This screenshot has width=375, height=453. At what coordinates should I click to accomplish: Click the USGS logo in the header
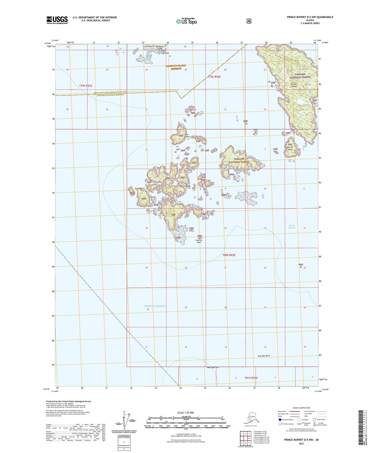[x=57, y=20]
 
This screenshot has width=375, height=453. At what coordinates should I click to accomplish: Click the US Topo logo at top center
[x=186, y=21]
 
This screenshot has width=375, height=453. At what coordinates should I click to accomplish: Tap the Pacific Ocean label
[x=154, y=306]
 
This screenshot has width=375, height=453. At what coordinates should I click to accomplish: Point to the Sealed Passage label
[x=292, y=227]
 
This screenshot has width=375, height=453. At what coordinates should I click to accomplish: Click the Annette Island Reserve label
[x=176, y=67]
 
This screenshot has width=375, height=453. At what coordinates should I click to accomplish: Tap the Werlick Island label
[x=290, y=148]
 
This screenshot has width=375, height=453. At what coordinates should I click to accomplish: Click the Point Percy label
[x=139, y=188]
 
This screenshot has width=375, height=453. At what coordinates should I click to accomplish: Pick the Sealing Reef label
[x=199, y=241]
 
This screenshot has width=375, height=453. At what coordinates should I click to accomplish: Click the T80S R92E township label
[x=229, y=255]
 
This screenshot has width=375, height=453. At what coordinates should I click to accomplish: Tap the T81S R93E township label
[x=251, y=378]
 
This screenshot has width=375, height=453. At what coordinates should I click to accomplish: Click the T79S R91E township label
[x=86, y=86]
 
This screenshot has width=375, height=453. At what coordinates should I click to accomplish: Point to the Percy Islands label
[x=185, y=186]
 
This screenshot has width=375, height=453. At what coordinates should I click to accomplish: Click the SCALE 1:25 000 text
[x=185, y=413]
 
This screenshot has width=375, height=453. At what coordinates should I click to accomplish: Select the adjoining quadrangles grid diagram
[x=245, y=439]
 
